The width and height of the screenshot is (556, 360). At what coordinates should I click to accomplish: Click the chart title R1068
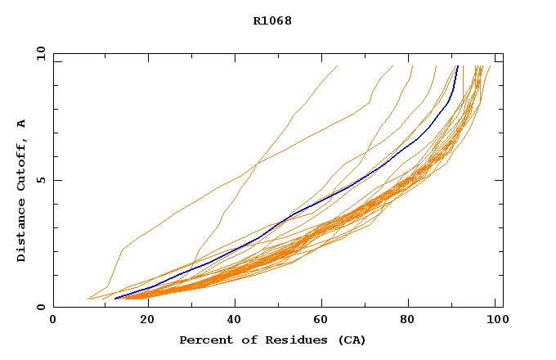tap(272, 20)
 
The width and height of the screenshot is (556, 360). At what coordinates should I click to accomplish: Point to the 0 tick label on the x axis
tap(53, 320)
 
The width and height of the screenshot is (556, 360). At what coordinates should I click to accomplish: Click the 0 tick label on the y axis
tap(40, 307)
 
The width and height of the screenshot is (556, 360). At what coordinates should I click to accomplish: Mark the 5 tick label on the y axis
tap(40, 180)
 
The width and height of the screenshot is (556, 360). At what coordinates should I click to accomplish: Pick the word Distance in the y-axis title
tap(21, 232)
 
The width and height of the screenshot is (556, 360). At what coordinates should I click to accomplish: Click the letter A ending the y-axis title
tap(21, 124)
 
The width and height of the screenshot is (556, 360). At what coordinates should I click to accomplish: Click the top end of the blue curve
tap(457, 66)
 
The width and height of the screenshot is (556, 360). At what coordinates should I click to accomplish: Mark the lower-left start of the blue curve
tap(115, 298)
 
